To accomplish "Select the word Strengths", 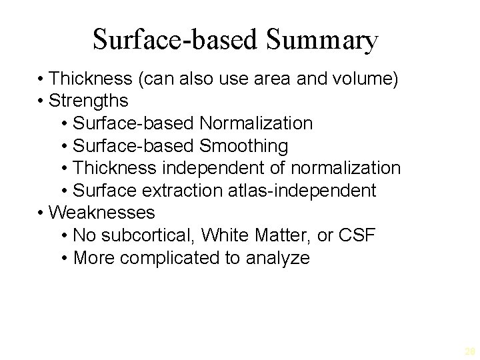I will click(x=89, y=101).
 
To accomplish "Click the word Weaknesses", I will click(x=102, y=213).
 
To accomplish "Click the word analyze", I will click(x=277, y=258).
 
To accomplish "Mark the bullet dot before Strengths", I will click(x=41, y=101).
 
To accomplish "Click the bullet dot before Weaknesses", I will click(x=41, y=213).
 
